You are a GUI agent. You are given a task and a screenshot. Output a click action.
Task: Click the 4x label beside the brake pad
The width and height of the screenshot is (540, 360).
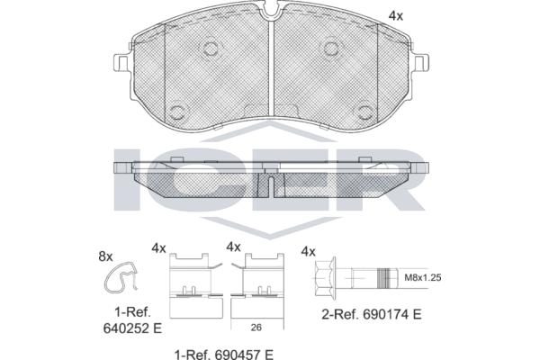coord(396,16)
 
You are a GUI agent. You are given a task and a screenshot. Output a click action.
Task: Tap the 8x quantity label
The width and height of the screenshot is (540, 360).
coord(105,256)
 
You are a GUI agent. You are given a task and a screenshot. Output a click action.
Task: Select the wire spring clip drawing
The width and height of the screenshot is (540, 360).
coord(121,278)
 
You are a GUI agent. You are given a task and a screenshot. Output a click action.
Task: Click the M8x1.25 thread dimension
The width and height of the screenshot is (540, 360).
coord(423,277)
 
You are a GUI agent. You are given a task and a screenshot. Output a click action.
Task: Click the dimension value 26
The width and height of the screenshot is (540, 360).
coord(256,328)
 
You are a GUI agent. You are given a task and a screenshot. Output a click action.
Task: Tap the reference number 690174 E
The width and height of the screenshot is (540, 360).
coord(391,314)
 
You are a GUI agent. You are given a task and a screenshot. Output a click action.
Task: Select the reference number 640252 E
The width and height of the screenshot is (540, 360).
coord(132,328)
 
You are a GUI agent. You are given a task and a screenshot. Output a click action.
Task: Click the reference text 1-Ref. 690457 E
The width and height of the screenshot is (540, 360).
coord(224,354)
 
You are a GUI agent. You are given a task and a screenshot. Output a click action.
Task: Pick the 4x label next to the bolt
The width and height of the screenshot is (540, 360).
coord(308,251)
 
